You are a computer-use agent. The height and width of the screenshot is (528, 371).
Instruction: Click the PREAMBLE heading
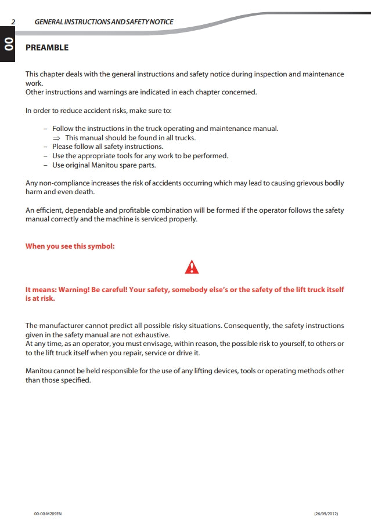pyautogui.click(x=47, y=48)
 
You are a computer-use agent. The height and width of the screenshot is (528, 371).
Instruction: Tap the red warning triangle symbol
pyautogui.click(x=192, y=267)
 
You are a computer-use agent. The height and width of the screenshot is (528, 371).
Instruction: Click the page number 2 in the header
pyautogui.click(x=13, y=22)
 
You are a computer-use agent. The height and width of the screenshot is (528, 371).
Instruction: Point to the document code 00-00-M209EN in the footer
pyautogui.click(x=48, y=514)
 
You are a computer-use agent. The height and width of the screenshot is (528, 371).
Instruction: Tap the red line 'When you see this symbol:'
pyautogui.click(x=70, y=246)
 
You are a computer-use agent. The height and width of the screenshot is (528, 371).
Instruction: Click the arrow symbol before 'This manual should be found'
pyautogui.click(x=56, y=138)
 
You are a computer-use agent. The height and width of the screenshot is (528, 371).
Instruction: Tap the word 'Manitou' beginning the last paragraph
pyautogui.click(x=39, y=370)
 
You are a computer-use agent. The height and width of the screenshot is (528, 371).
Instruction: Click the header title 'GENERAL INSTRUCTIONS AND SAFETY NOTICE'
pyautogui.click(x=104, y=22)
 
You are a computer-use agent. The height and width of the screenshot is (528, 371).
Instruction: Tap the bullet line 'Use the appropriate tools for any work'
pyautogui.click(x=140, y=156)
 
